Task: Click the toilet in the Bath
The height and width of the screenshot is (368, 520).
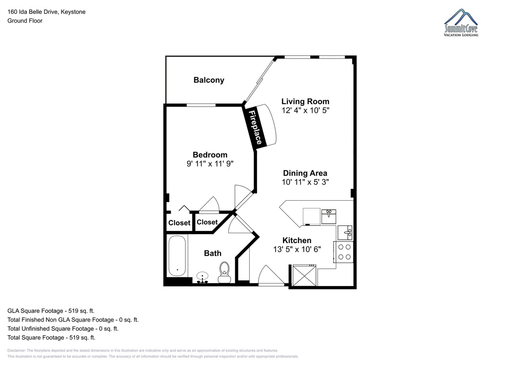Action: click(224, 272)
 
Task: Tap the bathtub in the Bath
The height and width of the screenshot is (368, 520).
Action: click(177, 256)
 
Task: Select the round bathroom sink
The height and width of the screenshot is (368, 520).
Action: click(202, 277)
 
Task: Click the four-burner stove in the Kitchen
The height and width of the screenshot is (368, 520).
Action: click(344, 252)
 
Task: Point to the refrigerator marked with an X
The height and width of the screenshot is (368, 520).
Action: click(304, 275)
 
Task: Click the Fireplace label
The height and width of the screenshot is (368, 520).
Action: click(255, 127)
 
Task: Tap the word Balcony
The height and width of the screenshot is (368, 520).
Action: click(209, 80)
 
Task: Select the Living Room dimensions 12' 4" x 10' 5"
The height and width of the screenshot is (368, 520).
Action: click(305, 110)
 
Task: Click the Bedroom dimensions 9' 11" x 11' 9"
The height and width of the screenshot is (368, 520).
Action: click(210, 164)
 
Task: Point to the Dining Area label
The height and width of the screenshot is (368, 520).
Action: click(305, 173)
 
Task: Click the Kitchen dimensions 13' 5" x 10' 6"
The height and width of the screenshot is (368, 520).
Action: click(297, 249)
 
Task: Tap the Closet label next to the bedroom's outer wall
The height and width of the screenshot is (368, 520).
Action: click(179, 223)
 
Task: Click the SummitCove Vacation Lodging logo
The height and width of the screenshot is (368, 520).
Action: click(461, 23)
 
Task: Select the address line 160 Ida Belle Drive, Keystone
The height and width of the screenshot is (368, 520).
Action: click(46, 12)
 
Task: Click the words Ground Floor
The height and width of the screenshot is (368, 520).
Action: click(25, 21)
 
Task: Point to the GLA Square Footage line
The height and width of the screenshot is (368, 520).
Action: click(51, 311)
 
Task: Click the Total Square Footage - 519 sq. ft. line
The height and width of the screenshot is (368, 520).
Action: click(51, 338)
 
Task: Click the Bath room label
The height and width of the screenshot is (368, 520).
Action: click(213, 253)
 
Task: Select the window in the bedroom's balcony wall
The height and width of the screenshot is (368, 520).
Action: click(201, 105)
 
